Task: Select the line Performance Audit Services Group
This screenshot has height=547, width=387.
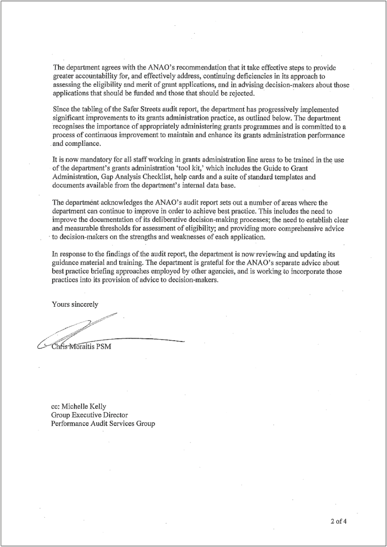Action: [103, 423]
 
